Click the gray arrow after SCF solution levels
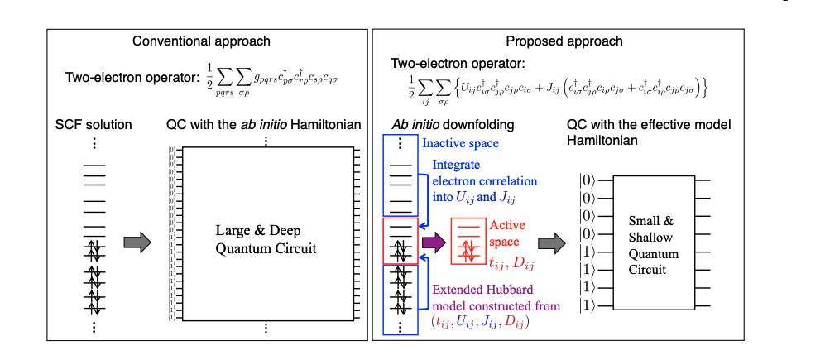tap(137, 242)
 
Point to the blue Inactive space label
tap(462, 143)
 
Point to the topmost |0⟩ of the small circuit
tap(585, 179)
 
